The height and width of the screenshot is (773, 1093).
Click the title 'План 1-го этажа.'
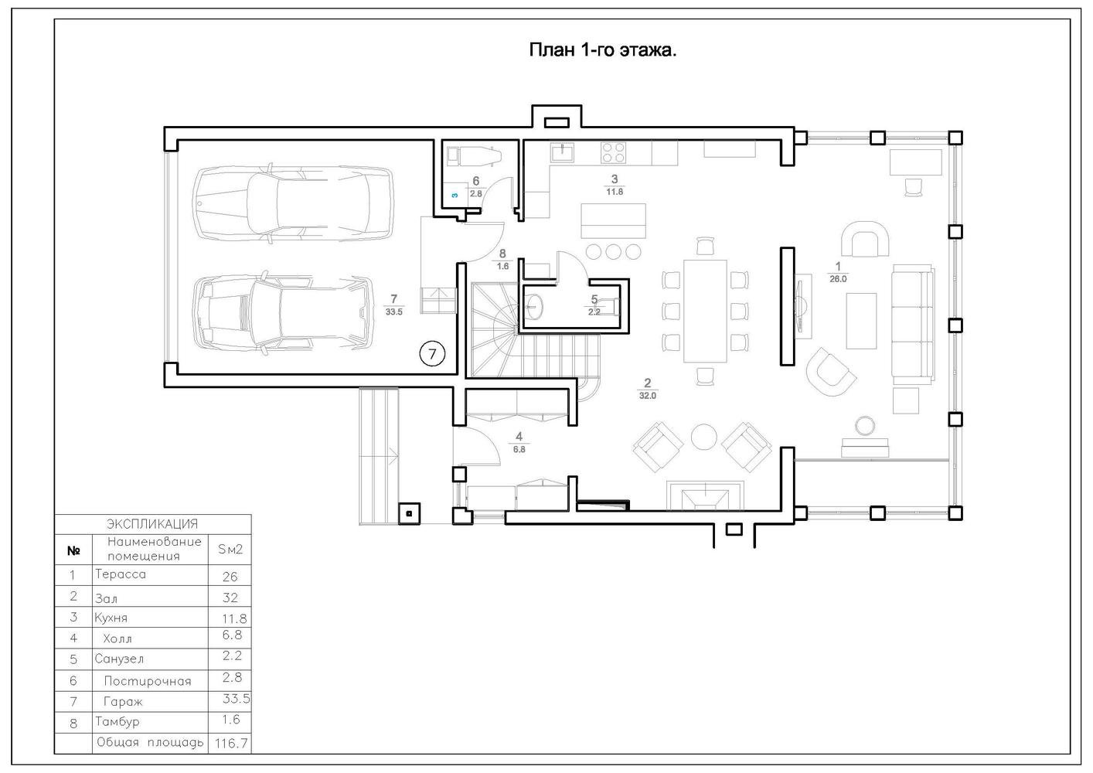(603, 50)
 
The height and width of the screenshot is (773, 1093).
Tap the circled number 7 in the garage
(432, 353)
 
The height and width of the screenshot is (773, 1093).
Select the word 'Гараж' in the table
(123, 702)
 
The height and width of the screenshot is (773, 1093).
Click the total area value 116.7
(231, 744)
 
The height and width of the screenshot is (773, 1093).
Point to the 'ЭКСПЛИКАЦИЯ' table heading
(152, 524)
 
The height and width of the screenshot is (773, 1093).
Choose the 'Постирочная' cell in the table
(148, 681)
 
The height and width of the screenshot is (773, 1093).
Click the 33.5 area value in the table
(237, 699)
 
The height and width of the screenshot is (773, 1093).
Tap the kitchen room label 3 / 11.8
(615, 186)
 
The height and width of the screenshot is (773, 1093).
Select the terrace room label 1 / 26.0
(838, 273)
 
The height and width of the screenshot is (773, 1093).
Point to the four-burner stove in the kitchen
(614, 152)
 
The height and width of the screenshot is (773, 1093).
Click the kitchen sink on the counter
(563, 152)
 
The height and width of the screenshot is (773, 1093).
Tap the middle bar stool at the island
(613, 252)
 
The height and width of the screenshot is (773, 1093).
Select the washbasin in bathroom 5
(535, 306)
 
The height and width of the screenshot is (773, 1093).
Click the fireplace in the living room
(706, 495)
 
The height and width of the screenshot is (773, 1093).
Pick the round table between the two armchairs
(703, 436)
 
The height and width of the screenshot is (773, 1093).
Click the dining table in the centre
(705, 311)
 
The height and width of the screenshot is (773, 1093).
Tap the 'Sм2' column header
(230, 550)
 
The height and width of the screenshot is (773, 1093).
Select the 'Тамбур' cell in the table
(117, 722)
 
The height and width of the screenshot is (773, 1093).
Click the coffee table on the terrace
(861, 321)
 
